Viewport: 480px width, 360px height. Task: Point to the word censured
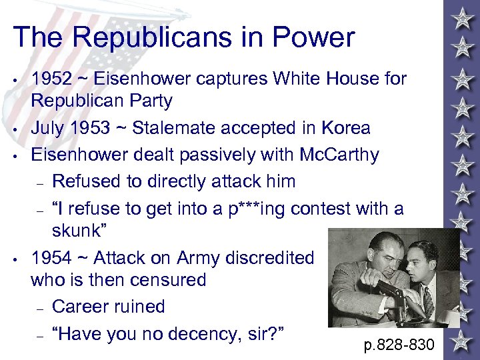pyautogui.click(x=175, y=279)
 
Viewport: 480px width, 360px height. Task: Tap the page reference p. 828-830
pyautogui.click(x=399, y=345)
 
